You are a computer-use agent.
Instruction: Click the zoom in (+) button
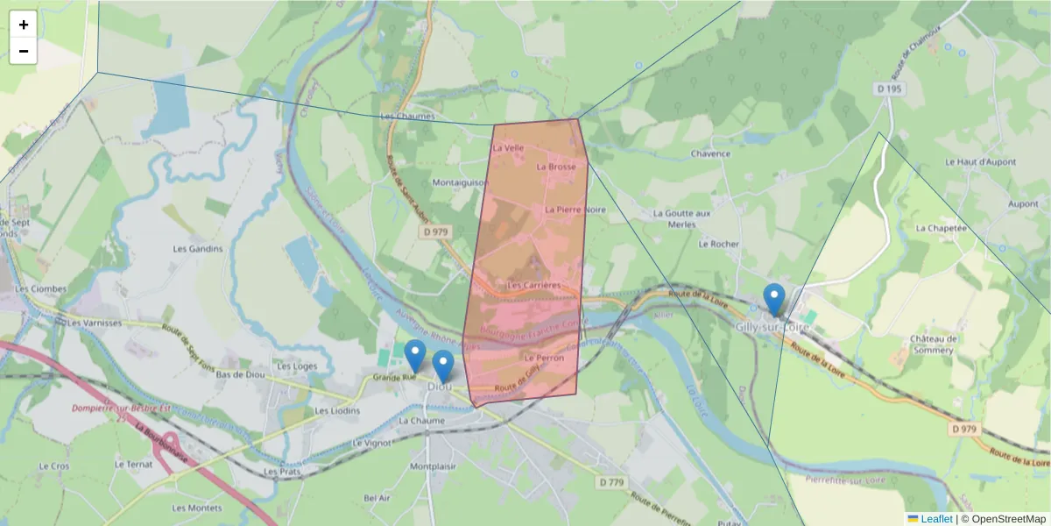tap(24, 25)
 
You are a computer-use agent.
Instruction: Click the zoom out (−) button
tap(24, 51)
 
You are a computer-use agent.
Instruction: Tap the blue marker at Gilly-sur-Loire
tap(773, 299)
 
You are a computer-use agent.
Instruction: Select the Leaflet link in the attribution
tap(935, 519)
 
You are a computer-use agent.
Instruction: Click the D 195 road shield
tap(889, 89)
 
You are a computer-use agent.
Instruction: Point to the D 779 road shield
tap(612, 483)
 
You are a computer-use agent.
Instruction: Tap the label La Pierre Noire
tap(575, 210)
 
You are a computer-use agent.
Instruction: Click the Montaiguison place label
tap(461, 182)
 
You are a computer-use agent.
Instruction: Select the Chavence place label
tap(710, 153)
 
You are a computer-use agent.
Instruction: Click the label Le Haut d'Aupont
tap(980, 162)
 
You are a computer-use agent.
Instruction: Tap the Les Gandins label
tap(198, 248)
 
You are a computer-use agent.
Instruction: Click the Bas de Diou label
tap(241, 375)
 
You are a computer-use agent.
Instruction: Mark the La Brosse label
tap(556, 167)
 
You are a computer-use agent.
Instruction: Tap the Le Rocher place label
tap(719, 244)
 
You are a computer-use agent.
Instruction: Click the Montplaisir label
tap(434, 466)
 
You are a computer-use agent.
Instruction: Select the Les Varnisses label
tap(95, 323)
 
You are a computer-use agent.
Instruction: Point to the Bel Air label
tap(377, 498)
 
